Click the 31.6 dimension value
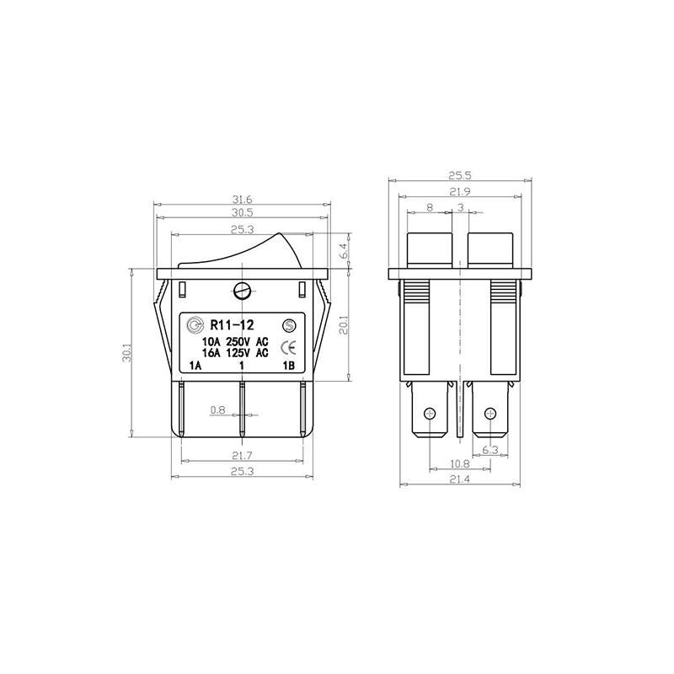[242, 200]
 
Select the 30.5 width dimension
[242, 212]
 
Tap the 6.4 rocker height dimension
[344, 251]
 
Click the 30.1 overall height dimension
[126, 352]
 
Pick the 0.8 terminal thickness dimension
[218, 410]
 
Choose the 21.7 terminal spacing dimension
[242, 455]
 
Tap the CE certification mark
[287, 346]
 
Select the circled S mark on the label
[289, 326]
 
